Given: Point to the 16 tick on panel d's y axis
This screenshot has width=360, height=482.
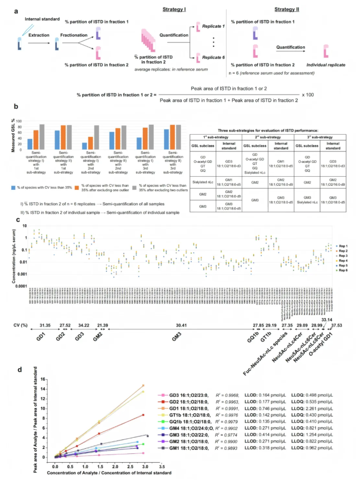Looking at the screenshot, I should click(x=43, y=379).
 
